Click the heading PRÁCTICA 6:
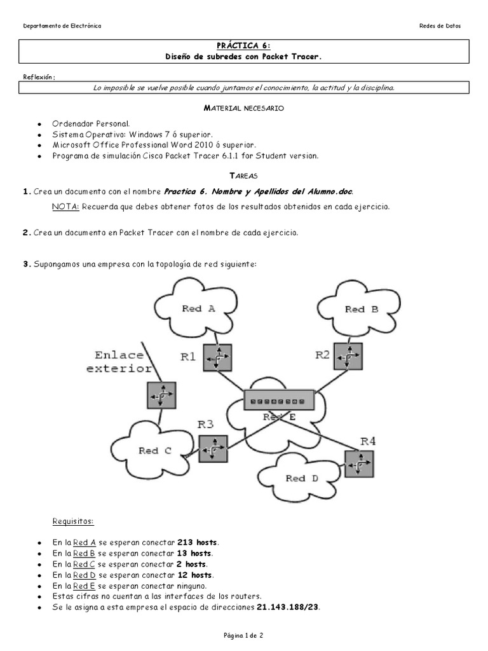tap(243, 46)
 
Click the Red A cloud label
tap(198, 308)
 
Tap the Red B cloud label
tap(361, 309)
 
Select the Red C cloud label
tap(155, 451)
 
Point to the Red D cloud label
tap(301, 478)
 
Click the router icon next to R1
tap(217, 358)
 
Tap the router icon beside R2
tap(348, 357)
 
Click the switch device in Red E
tap(278, 401)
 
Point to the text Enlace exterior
tap(123, 362)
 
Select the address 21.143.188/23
tap(288, 607)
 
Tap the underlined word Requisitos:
tap(73, 522)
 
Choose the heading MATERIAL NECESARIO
tap(243, 109)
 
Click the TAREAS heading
tap(243, 175)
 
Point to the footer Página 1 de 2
tap(243, 635)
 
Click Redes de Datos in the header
tap(440, 26)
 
